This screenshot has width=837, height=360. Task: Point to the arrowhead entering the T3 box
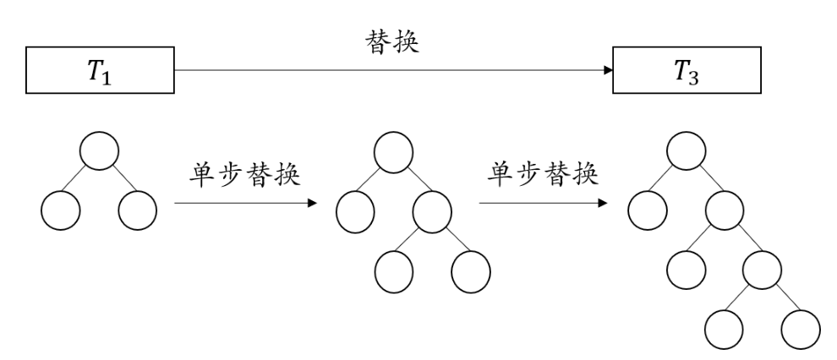(608, 72)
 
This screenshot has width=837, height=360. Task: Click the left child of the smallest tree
(59, 211)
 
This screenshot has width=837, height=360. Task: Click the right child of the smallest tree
(138, 211)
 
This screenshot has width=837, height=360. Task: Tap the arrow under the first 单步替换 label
(245, 203)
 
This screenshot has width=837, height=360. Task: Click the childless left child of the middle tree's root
(354, 211)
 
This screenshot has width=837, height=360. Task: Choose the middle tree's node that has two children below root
(432, 211)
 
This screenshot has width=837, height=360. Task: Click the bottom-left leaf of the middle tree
(393, 270)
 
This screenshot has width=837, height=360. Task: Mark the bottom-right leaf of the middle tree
(471, 270)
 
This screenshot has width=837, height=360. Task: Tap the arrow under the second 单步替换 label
(542, 203)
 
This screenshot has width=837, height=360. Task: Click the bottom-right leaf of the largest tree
(801, 330)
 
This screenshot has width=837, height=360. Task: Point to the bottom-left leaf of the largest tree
(725, 330)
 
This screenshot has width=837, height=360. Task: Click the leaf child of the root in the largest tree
(648, 211)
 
